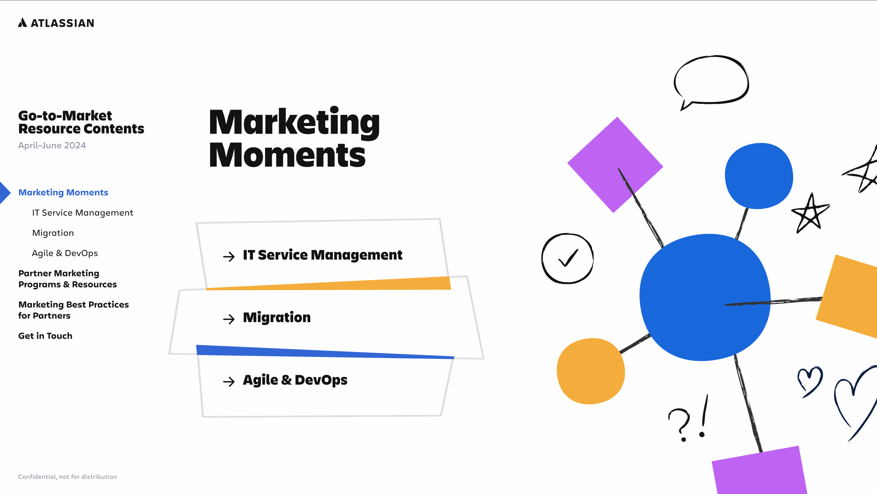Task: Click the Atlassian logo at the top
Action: click(x=56, y=23)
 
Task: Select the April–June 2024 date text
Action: click(x=52, y=145)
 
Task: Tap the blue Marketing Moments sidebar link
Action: click(x=63, y=192)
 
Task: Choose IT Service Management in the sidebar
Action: click(x=83, y=213)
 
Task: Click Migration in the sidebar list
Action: click(x=53, y=233)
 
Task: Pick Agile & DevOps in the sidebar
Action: click(x=65, y=253)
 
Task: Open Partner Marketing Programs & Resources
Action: click(x=67, y=279)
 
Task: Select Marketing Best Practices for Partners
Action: click(x=74, y=310)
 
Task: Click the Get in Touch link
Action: click(x=45, y=336)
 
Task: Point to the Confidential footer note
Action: click(x=67, y=477)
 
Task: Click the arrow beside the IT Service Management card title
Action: click(x=229, y=256)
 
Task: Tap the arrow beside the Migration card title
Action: click(x=229, y=319)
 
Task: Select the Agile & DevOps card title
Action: click(x=295, y=380)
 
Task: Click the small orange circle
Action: click(x=591, y=371)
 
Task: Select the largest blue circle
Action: click(x=705, y=297)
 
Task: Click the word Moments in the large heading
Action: click(x=288, y=155)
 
